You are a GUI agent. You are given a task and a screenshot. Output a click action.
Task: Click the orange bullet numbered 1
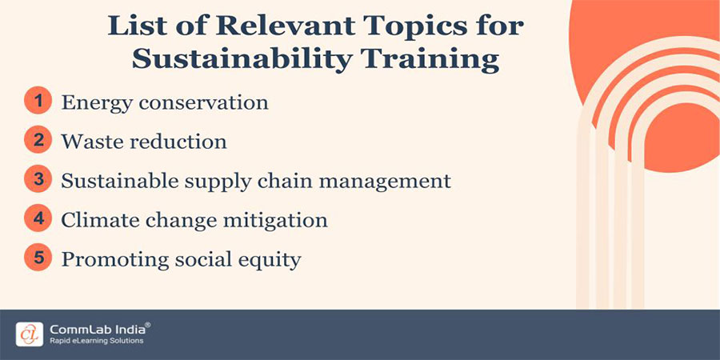(37, 102)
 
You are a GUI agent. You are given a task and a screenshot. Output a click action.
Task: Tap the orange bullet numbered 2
(37, 142)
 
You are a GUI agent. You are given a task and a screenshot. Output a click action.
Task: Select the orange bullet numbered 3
(37, 181)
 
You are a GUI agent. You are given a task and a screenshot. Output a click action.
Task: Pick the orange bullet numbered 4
(37, 220)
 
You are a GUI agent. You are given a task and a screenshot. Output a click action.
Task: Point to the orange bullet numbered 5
(37, 258)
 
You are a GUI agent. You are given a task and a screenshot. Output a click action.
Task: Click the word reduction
(178, 142)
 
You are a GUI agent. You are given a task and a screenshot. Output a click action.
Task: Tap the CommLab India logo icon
(30, 334)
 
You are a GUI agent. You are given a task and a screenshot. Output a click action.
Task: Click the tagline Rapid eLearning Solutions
(96, 341)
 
